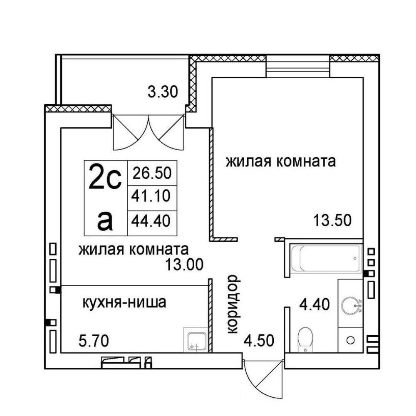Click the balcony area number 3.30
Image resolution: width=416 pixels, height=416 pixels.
click(163, 92)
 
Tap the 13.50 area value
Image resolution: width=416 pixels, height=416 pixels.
click(332, 220)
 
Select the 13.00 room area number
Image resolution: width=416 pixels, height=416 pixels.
click(184, 265)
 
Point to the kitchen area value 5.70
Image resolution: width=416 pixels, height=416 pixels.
click(94, 341)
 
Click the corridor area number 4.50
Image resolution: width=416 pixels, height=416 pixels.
click(259, 341)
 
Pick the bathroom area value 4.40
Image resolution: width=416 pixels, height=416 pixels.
click(314, 304)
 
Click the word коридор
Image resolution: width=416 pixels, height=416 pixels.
click(233, 304)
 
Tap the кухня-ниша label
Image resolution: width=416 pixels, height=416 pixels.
click(124, 302)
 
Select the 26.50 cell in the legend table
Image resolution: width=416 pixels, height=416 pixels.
click(152, 173)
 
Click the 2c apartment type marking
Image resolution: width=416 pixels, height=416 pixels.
click(105, 177)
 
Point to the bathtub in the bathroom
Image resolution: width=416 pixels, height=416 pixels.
click(326, 258)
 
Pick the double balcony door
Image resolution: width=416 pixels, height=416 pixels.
click(149, 132)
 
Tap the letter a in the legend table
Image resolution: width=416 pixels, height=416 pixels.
click(105, 223)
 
